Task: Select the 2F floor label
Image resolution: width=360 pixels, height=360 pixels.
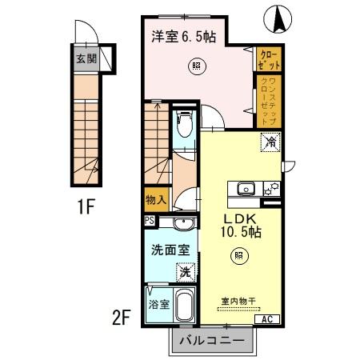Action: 122,318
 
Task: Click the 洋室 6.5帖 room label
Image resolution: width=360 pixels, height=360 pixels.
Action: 185,36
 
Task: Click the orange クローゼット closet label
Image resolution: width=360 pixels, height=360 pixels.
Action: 265,58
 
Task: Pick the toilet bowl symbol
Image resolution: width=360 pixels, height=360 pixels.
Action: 183,124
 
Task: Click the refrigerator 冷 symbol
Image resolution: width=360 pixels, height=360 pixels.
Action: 269,145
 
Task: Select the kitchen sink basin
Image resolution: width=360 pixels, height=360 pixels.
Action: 246,189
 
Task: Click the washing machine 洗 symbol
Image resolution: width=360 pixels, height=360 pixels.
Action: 185,272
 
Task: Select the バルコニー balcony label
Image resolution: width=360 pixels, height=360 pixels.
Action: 213,339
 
